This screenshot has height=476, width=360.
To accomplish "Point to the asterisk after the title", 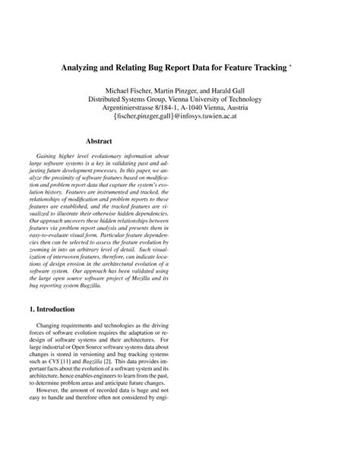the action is (291, 65).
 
